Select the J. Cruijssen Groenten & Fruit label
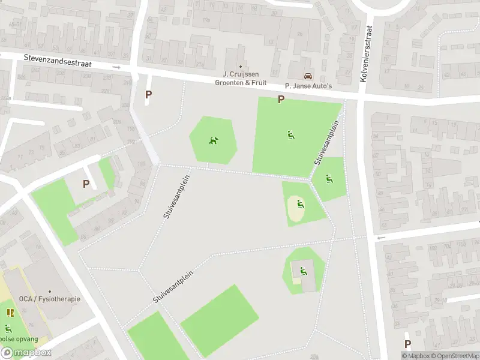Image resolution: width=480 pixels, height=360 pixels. point(241,79)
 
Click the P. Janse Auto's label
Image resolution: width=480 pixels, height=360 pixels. point(308,86)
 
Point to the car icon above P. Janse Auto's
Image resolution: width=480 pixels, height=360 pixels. point(308,76)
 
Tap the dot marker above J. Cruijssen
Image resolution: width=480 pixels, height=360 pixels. point(241,67)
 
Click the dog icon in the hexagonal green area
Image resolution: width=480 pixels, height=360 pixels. point(213,141)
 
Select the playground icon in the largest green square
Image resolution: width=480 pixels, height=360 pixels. point(290,134)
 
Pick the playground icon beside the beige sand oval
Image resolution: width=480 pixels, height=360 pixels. point(301,205)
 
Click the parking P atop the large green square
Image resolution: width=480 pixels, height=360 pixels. point(280,100)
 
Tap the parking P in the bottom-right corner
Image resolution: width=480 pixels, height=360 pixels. point(408,344)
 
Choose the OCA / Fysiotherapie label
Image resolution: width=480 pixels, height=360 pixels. point(49,299)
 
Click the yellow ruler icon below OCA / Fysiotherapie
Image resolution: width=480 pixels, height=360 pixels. point(10,313)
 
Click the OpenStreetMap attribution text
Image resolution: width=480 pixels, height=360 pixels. point(455,356)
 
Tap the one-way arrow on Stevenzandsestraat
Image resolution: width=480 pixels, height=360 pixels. point(116,67)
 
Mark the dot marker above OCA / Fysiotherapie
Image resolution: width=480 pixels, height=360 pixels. point(49,290)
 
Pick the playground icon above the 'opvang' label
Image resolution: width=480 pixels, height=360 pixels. point(8,328)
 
